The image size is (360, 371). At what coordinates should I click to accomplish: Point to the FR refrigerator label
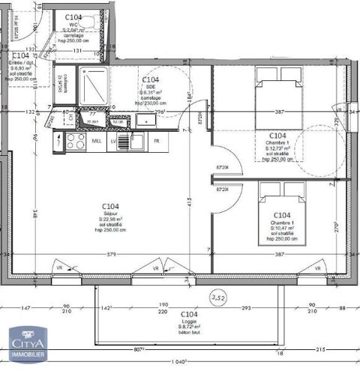157,141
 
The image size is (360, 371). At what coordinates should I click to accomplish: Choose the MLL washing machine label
96,141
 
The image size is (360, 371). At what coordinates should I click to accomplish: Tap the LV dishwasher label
113,141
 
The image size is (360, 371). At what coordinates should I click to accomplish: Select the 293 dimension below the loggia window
245,309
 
